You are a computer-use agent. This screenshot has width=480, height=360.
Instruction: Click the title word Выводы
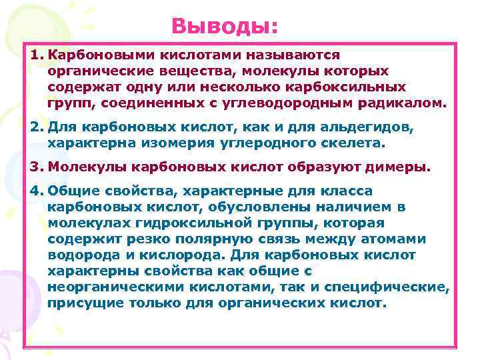point(224,26)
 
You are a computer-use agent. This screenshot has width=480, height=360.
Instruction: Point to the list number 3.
point(37,165)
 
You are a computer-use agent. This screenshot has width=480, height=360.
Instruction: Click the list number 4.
point(37,191)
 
